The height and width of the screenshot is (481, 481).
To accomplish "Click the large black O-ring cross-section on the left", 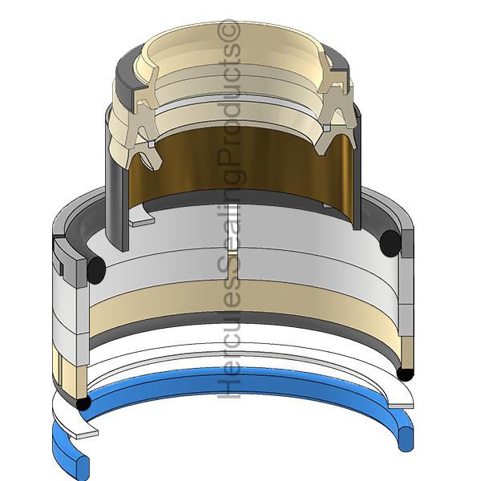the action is [96, 270].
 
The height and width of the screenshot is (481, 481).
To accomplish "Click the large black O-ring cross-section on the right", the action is [390, 244].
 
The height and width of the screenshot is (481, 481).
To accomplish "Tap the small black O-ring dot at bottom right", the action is [405, 374].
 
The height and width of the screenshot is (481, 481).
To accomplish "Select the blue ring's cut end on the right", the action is [406, 439].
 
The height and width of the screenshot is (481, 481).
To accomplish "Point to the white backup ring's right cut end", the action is [401, 406].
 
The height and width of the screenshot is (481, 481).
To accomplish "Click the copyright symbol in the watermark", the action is [228, 30].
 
